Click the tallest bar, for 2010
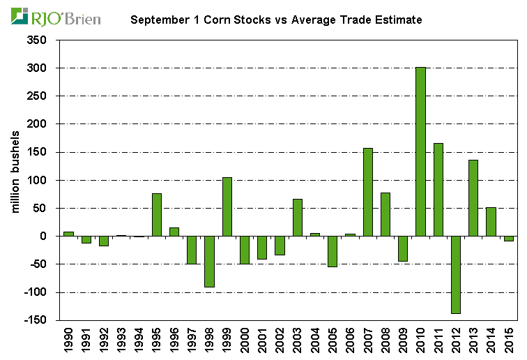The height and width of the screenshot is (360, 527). [x=420, y=151]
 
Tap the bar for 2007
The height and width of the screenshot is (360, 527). [x=367, y=192]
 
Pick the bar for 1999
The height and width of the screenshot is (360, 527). [x=227, y=207]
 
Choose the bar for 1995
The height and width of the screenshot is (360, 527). [x=157, y=214]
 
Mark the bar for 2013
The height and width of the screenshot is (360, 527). [x=473, y=198]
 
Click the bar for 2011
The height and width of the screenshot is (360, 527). [x=438, y=189]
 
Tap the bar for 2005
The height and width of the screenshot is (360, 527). [x=333, y=251]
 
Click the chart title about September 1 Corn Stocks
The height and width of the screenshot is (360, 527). [x=276, y=20]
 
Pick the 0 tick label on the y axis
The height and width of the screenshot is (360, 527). [x=43, y=236]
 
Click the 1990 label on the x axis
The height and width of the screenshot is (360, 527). [x=68, y=340]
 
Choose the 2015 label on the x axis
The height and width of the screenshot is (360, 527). [x=508, y=340]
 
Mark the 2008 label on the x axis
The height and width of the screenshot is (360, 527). [x=385, y=340]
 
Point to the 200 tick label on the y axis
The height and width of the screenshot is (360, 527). [x=37, y=124]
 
